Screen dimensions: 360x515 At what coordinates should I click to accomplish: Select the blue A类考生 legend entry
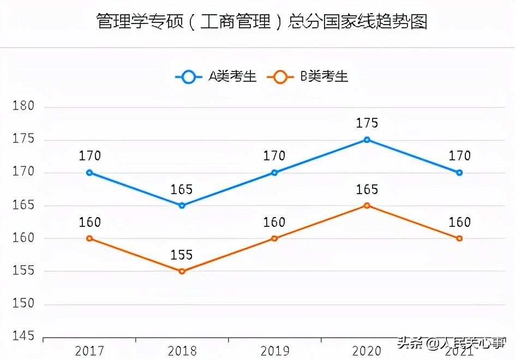(215, 77)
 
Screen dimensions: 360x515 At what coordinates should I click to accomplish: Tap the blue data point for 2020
(367, 140)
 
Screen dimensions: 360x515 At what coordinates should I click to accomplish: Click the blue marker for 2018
(182, 206)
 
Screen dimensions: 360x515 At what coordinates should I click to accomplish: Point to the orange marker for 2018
(182, 271)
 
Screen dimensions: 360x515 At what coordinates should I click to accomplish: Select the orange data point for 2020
(367, 206)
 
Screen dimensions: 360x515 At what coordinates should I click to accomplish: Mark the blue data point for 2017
(89, 173)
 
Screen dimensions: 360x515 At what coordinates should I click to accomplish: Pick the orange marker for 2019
(274, 238)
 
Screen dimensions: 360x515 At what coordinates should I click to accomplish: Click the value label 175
(367, 123)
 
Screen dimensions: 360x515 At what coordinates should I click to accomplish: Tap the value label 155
(182, 255)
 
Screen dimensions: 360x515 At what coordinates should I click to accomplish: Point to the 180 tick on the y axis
(23, 106)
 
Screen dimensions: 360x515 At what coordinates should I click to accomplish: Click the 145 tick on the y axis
(23, 337)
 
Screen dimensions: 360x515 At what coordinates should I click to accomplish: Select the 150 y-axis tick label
(23, 304)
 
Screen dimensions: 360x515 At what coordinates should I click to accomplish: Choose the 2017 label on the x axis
(89, 350)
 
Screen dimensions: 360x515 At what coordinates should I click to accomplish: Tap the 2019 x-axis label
(274, 350)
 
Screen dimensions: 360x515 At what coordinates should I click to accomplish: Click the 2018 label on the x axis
(182, 350)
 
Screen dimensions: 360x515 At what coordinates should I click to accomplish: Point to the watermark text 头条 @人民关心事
(452, 343)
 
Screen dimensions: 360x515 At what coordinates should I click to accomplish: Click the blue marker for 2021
(459, 173)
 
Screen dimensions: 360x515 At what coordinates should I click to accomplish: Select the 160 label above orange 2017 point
(89, 223)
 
